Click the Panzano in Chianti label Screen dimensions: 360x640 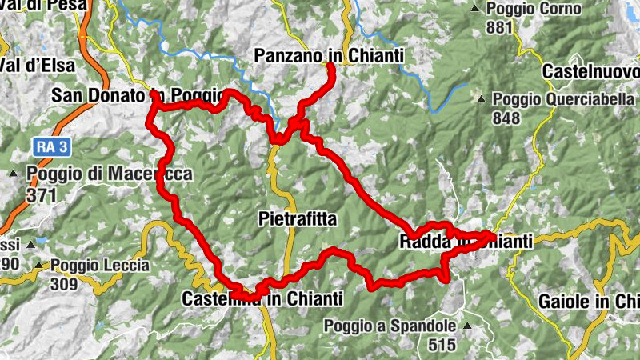[328, 55]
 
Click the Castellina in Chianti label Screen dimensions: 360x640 [262, 298]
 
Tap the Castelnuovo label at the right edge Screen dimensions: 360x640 [590, 72]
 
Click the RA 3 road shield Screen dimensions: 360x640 [53, 146]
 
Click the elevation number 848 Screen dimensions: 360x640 [506, 118]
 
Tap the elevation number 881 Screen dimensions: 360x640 [498, 27]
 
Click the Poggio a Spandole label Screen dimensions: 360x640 [390, 326]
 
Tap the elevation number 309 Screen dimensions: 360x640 [63, 284]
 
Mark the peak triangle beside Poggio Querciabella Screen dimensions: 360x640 [481, 100]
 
